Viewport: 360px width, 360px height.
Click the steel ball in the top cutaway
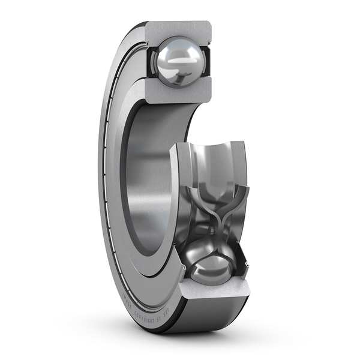pos(178,62)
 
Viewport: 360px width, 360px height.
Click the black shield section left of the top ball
pos(151,60)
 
